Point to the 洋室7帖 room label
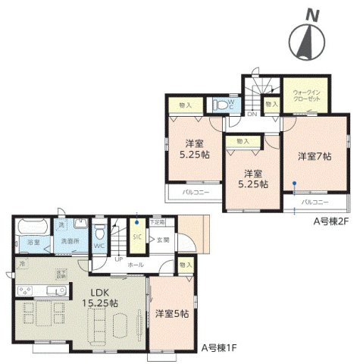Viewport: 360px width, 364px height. click(314, 156)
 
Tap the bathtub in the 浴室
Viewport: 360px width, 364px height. click(31, 227)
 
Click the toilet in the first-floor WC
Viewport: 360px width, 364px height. click(99, 228)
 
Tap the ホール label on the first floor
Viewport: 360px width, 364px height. click(136, 265)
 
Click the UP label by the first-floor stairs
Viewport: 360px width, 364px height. click(118, 258)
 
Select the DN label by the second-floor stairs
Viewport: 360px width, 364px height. click(252, 114)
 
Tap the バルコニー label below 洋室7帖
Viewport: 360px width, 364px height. click(314, 203)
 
